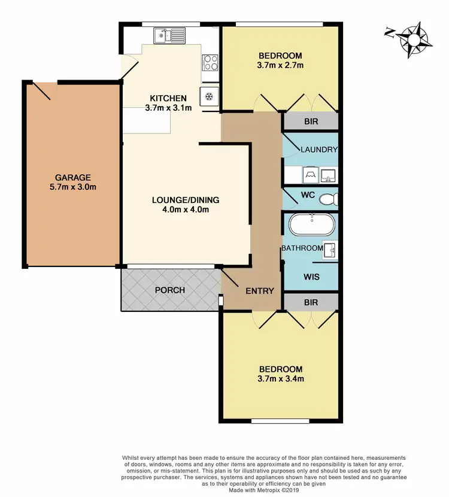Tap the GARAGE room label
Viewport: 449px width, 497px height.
click(x=72, y=177)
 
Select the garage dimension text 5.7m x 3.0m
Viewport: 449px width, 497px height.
click(x=72, y=187)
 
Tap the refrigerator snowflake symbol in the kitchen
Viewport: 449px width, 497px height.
click(x=210, y=96)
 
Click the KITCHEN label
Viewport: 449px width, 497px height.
click(x=168, y=98)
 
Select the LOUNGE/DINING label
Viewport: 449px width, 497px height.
click(x=186, y=200)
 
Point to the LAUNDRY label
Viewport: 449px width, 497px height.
click(x=319, y=150)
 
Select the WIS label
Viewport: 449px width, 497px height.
click(x=311, y=277)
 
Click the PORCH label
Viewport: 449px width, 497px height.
click(x=169, y=290)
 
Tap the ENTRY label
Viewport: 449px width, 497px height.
click(x=260, y=291)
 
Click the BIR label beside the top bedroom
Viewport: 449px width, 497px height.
click(x=311, y=122)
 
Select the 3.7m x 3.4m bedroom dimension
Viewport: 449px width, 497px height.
click(x=281, y=378)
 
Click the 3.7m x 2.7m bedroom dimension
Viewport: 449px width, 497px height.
click(x=281, y=65)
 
